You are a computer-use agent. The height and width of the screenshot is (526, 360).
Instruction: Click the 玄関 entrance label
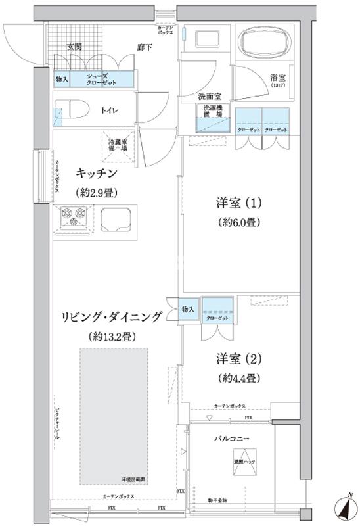point(74,47)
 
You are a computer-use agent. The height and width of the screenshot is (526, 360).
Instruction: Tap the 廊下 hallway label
point(146,47)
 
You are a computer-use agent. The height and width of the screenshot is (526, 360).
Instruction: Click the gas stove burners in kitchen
point(74,218)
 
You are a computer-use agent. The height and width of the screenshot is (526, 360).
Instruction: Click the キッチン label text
point(97,173)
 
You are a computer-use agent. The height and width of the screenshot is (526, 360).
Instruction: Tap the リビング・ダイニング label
point(113,317)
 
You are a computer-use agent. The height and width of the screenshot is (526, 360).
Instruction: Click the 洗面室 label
point(210,96)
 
